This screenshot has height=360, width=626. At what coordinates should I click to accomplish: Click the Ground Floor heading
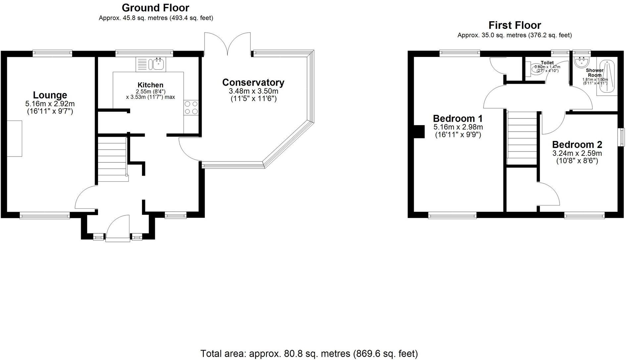click(155, 8)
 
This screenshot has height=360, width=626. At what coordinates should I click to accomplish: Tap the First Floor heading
click(514, 25)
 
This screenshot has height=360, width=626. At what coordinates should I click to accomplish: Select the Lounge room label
click(50, 95)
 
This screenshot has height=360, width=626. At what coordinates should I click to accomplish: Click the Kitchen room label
click(150, 85)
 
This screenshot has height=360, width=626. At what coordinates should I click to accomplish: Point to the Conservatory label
click(253, 82)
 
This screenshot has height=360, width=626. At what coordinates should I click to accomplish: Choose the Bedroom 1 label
click(457, 118)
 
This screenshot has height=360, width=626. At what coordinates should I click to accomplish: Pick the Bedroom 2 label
click(577, 145)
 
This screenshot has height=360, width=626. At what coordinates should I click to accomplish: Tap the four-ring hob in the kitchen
click(191, 108)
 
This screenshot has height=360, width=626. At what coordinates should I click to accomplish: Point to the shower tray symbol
click(607, 77)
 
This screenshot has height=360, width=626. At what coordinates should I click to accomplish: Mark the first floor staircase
click(522, 138)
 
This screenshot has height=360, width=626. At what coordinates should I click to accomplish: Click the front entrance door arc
click(118, 226)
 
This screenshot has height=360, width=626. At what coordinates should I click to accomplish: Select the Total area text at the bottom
click(309, 354)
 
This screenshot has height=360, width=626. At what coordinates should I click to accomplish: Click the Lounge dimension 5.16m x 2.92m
click(50, 104)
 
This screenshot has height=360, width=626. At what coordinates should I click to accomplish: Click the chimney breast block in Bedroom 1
click(420, 131)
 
